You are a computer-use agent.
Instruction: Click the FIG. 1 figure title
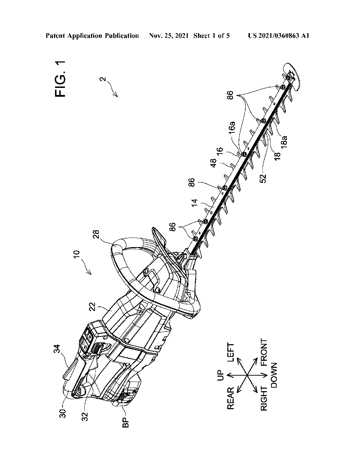[61, 79]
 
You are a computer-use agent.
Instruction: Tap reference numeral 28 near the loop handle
[96, 235]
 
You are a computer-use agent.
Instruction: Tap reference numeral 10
[77, 255]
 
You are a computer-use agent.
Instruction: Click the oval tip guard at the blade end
[291, 74]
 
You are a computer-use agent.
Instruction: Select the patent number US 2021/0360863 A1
[278, 36]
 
